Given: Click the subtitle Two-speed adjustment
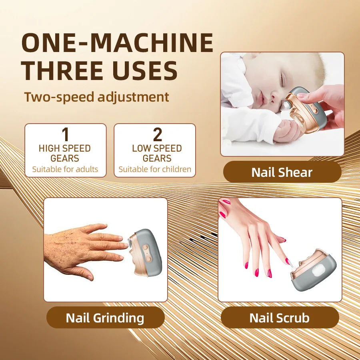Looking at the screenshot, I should pos(96,97).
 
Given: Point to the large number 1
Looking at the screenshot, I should pos(65,134).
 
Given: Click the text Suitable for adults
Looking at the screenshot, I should pos(65,169).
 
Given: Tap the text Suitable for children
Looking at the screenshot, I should pos(155,169).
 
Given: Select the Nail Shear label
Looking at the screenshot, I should pos(282,172).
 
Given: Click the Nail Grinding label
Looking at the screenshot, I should pos(105,318).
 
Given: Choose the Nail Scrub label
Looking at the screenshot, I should pos(279,318).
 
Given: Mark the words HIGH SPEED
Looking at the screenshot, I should pos(65,148).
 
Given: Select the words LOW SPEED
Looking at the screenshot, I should pos(157,148).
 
